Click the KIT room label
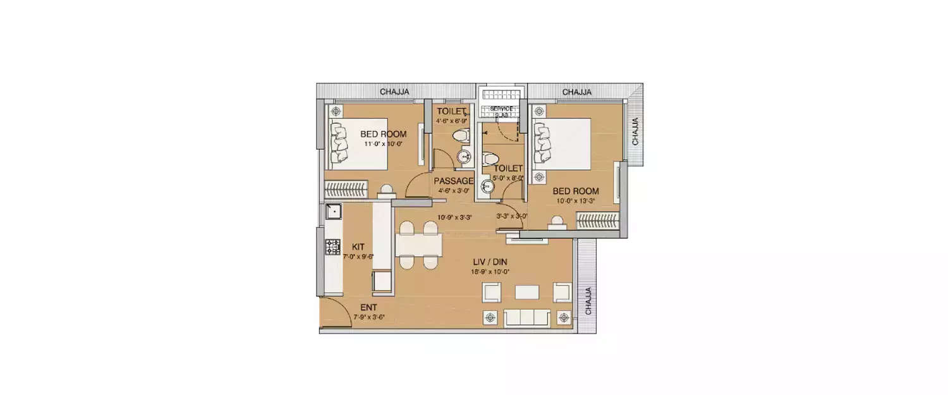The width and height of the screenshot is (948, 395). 349,247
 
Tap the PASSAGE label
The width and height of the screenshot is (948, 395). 453,181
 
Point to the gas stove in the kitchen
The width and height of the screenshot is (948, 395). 332,247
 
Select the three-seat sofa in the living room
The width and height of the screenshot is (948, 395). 526,317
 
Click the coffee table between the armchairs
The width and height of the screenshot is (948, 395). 526,292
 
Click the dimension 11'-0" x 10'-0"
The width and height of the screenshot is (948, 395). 383,144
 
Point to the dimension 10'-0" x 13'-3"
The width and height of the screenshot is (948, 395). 576,201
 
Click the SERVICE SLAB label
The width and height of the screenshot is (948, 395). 502,111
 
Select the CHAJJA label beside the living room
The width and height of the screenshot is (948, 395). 588,301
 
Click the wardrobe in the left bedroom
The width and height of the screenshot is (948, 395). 341,188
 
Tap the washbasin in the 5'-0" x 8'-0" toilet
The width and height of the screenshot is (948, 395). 488,186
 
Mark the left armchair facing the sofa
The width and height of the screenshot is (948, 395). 492,292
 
